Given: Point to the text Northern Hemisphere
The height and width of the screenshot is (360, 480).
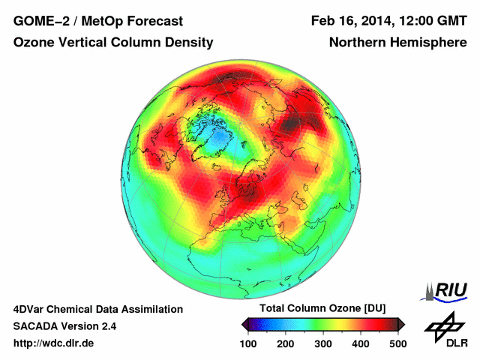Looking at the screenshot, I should click(x=397, y=43).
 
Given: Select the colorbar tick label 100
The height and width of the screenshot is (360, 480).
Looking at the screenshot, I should click(x=248, y=343).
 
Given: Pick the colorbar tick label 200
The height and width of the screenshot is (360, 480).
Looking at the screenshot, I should click(x=286, y=343).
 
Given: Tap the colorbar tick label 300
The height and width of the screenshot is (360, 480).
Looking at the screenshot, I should click(x=323, y=343).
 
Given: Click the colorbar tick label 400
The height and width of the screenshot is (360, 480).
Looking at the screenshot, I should click(x=361, y=343).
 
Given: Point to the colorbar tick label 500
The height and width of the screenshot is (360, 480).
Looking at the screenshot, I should click(x=397, y=343).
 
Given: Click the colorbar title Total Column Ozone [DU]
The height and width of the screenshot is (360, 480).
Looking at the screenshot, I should click(x=322, y=309).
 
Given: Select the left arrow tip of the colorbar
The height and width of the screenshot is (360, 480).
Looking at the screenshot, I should click(x=244, y=324).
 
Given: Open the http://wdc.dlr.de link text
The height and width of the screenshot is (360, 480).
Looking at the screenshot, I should click(x=54, y=343).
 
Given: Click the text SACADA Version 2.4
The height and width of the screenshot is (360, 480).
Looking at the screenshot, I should click(x=64, y=326).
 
